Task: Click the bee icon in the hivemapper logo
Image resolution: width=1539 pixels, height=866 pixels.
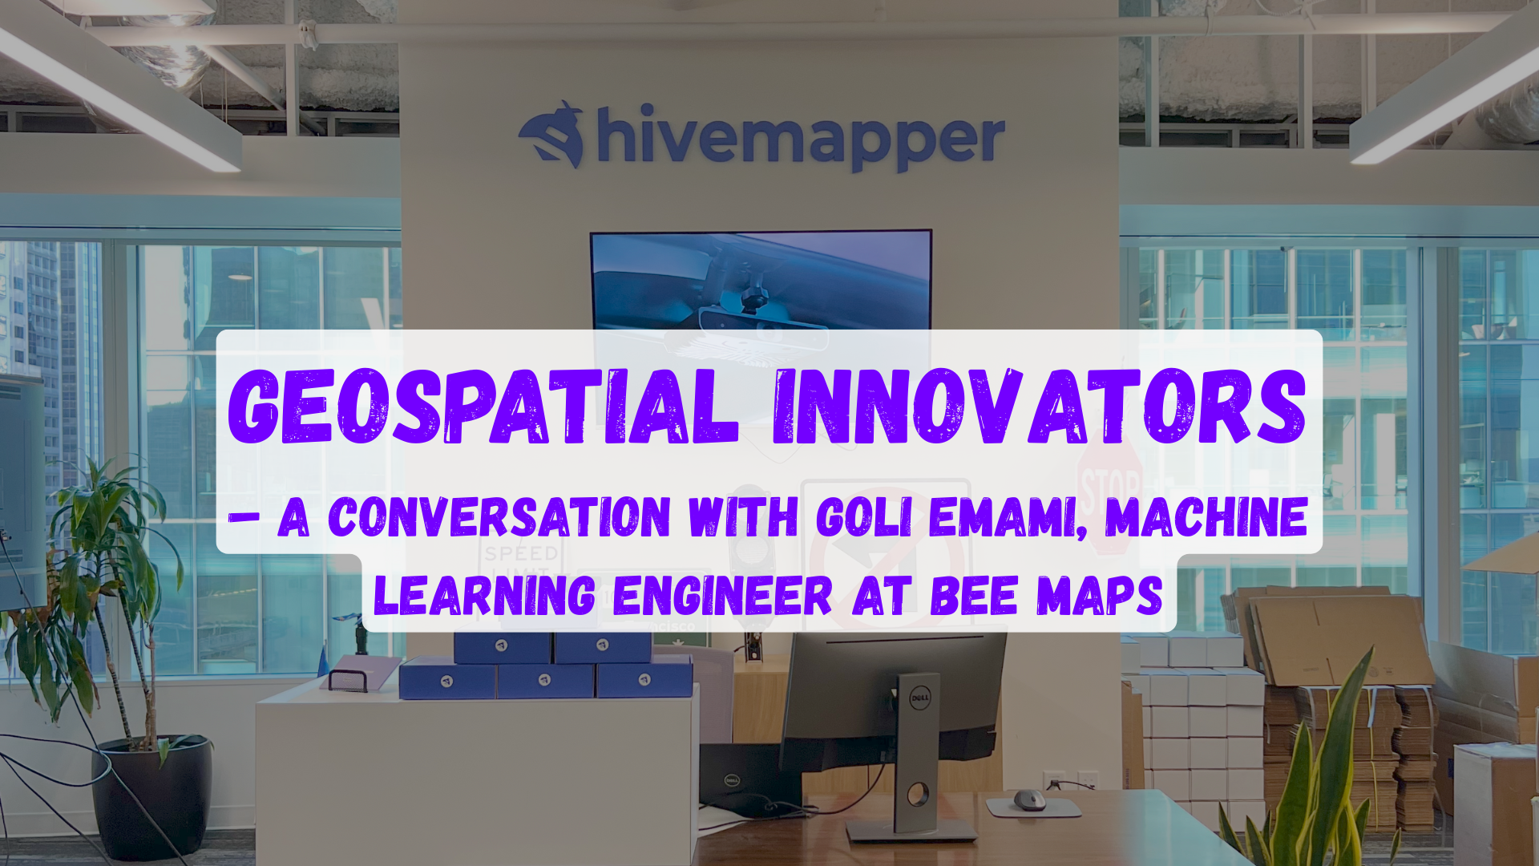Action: (552, 134)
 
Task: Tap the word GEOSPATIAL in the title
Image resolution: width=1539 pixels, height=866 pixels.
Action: (483, 407)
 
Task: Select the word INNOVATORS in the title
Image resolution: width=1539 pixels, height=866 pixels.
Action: (1040, 407)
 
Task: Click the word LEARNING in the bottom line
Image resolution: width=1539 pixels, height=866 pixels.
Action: (485, 596)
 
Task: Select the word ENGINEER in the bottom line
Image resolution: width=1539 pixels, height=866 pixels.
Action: (723, 596)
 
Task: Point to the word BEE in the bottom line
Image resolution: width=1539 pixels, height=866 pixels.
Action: (973, 596)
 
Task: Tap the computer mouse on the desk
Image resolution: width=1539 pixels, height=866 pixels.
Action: (1029, 799)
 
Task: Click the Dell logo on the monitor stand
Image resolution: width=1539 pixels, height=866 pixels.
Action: (919, 698)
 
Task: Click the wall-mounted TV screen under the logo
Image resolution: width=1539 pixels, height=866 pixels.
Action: (761, 281)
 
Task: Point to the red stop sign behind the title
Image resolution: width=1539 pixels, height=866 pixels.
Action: (1110, 489)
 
